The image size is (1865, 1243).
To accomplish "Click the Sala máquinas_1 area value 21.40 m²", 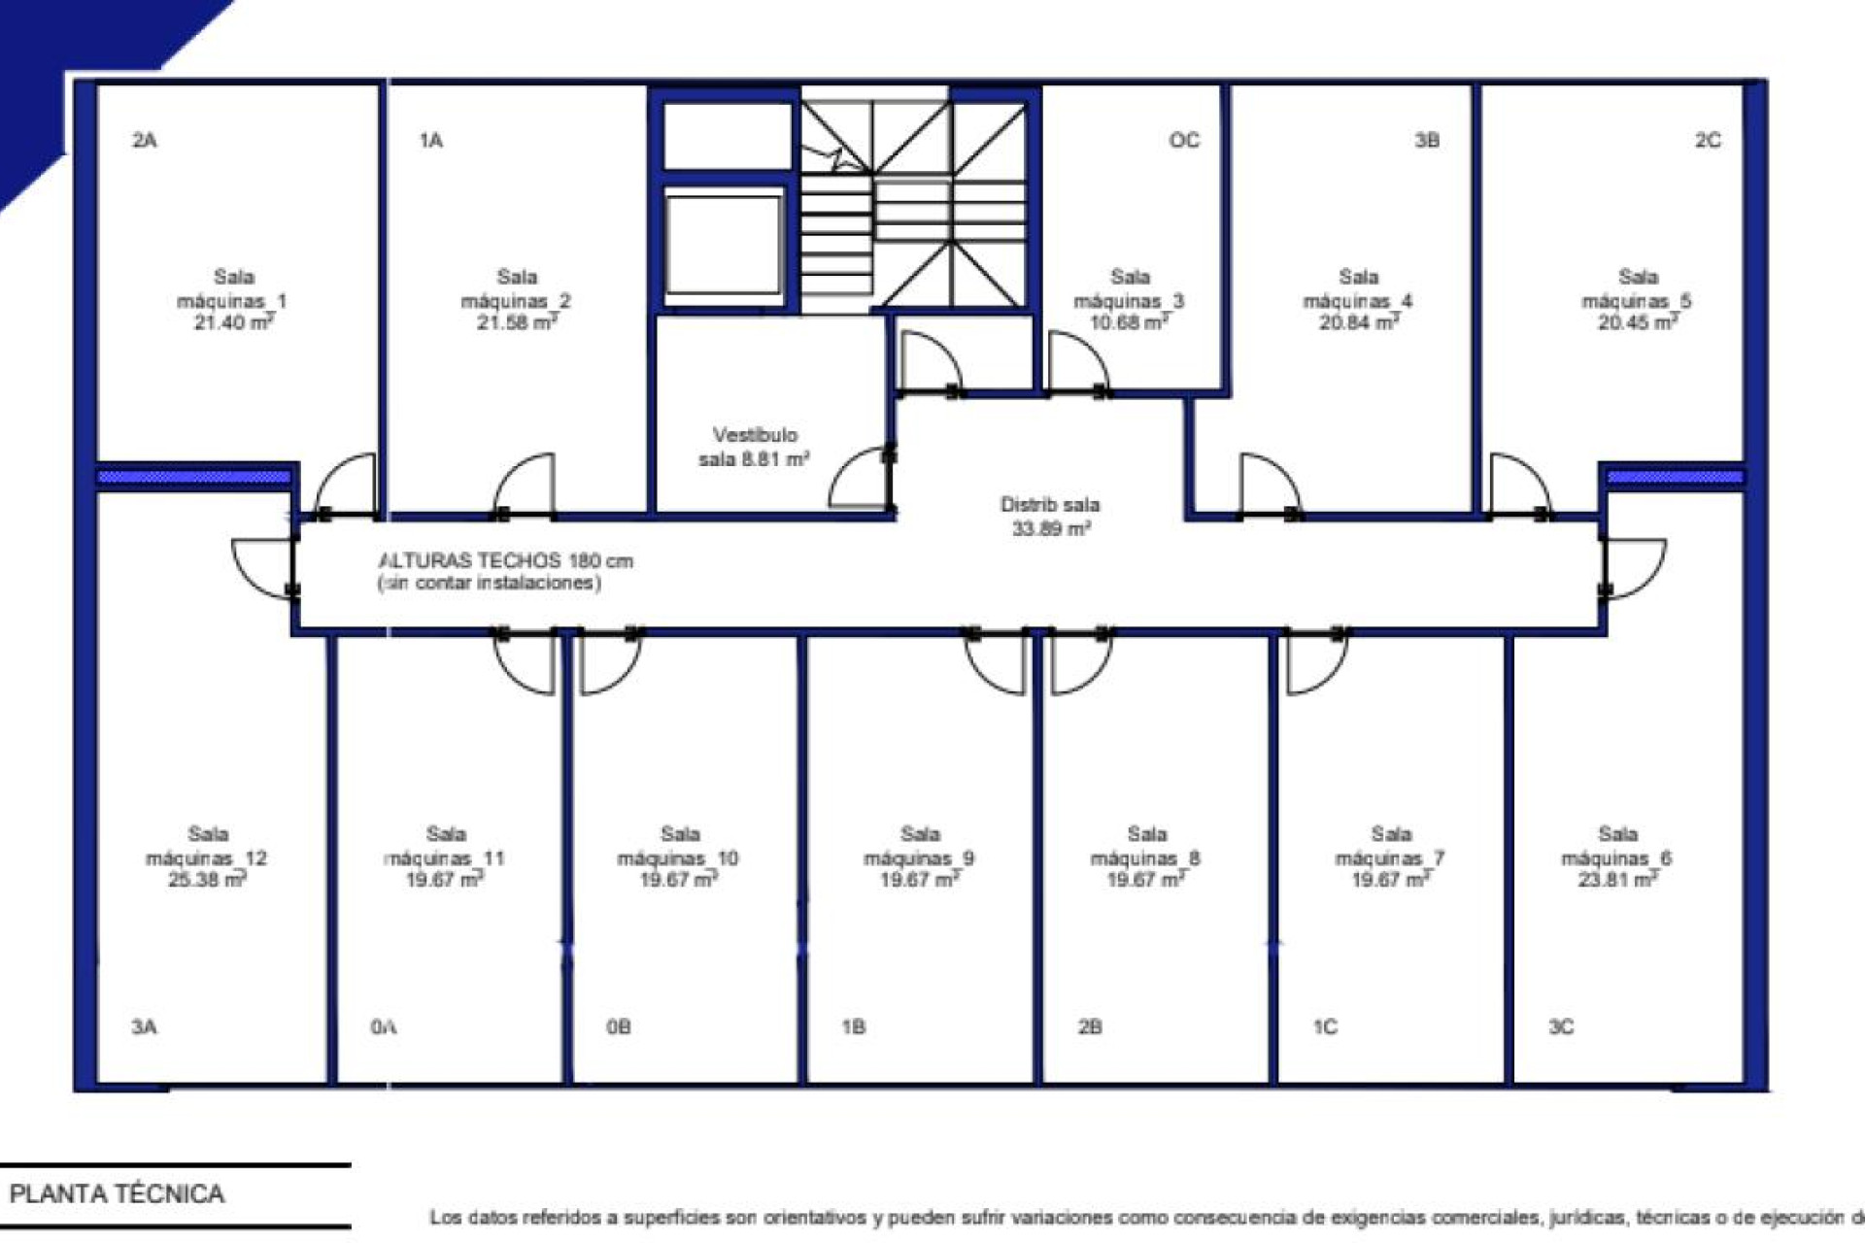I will coord(233,322).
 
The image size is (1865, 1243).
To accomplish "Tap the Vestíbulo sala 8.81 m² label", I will coord(754,447).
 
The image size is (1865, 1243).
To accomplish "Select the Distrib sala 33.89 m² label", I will coord(1050,517).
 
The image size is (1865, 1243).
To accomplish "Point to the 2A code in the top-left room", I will coord(145,141).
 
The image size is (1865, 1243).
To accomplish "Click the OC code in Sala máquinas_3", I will coord(1184,141).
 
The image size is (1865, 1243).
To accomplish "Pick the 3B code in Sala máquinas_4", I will coord(1426,141).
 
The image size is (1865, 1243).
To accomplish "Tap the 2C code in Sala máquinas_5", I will coord(1708,141).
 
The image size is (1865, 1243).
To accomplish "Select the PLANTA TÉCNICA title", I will coord(118,1193).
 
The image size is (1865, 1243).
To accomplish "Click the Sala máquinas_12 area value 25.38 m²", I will coord(207,880).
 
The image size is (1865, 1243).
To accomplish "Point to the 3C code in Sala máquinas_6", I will coord(1560,1027).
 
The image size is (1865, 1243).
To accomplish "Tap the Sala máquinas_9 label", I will coord(919,846).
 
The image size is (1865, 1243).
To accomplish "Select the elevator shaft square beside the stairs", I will coord(724,243).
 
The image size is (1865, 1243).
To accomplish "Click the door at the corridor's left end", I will coord(262,567).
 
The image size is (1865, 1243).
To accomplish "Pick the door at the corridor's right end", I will coord(1634,567).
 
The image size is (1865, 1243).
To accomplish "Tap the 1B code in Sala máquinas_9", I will coord(853,1027).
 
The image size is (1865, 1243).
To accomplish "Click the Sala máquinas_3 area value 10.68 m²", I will coord(1129,322).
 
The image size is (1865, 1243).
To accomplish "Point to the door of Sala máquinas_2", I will coord(526,484).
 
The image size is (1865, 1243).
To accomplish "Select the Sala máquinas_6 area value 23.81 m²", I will coord(1617,880).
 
